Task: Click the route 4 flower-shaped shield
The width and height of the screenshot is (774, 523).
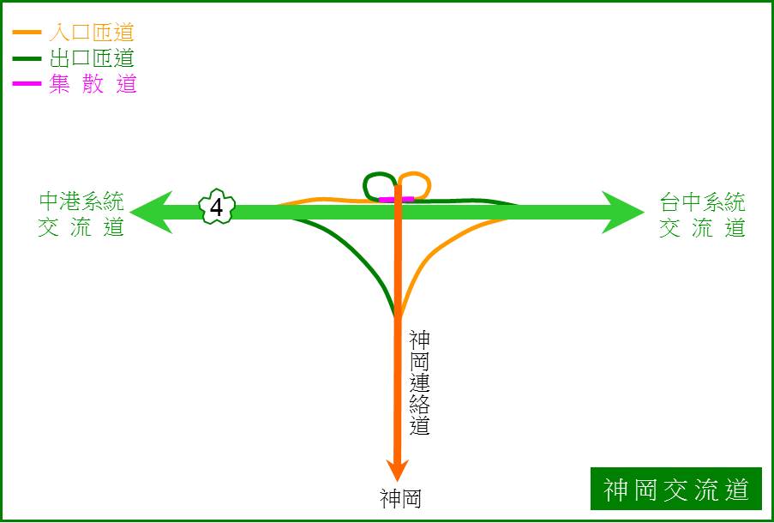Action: [217, 207]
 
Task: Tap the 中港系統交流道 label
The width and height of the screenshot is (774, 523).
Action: [81, 215]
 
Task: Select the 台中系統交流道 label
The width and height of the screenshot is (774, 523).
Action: [702, 215]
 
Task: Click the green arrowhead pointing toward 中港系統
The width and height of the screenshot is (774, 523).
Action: [151, 212]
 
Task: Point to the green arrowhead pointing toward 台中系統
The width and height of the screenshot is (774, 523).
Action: [623, 213]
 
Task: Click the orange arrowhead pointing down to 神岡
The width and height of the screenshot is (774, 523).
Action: [397, 470]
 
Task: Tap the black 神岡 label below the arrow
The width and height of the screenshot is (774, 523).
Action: [400, 498]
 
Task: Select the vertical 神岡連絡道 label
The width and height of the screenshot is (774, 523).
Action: [420, 382]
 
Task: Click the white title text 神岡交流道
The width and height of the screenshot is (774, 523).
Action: [675, 489]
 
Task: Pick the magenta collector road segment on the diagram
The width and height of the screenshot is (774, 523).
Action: [396, 199]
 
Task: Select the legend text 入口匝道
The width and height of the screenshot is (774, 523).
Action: [92, 33]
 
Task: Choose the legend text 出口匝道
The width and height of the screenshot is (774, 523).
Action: [92, 58]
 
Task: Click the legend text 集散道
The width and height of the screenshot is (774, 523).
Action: [93, 83]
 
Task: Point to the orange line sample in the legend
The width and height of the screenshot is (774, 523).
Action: [27, 32]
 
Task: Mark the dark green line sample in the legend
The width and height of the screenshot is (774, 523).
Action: [27, 58]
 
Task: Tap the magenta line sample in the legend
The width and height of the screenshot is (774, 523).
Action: [27, 83]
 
